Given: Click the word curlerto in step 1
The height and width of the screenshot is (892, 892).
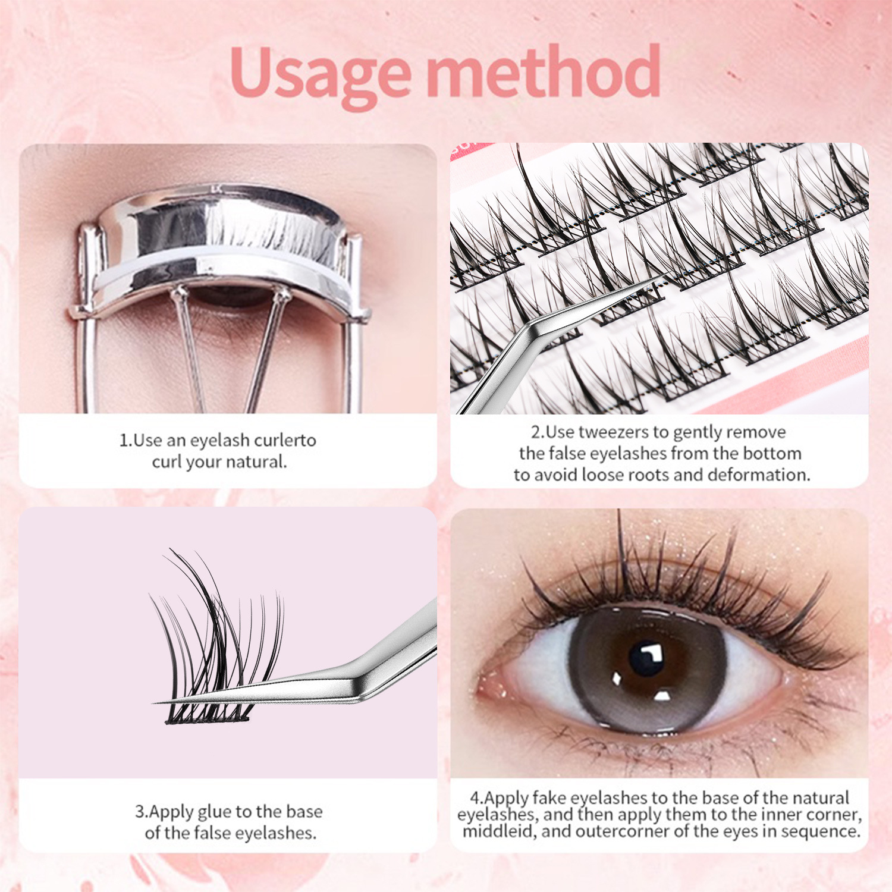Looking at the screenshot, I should [285, 441].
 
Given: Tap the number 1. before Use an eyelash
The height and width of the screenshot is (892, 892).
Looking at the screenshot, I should [125, 441].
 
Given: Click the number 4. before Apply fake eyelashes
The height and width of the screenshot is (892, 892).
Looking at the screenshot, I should [476, 798].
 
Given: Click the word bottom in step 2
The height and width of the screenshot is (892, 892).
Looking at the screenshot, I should [772, 454].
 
